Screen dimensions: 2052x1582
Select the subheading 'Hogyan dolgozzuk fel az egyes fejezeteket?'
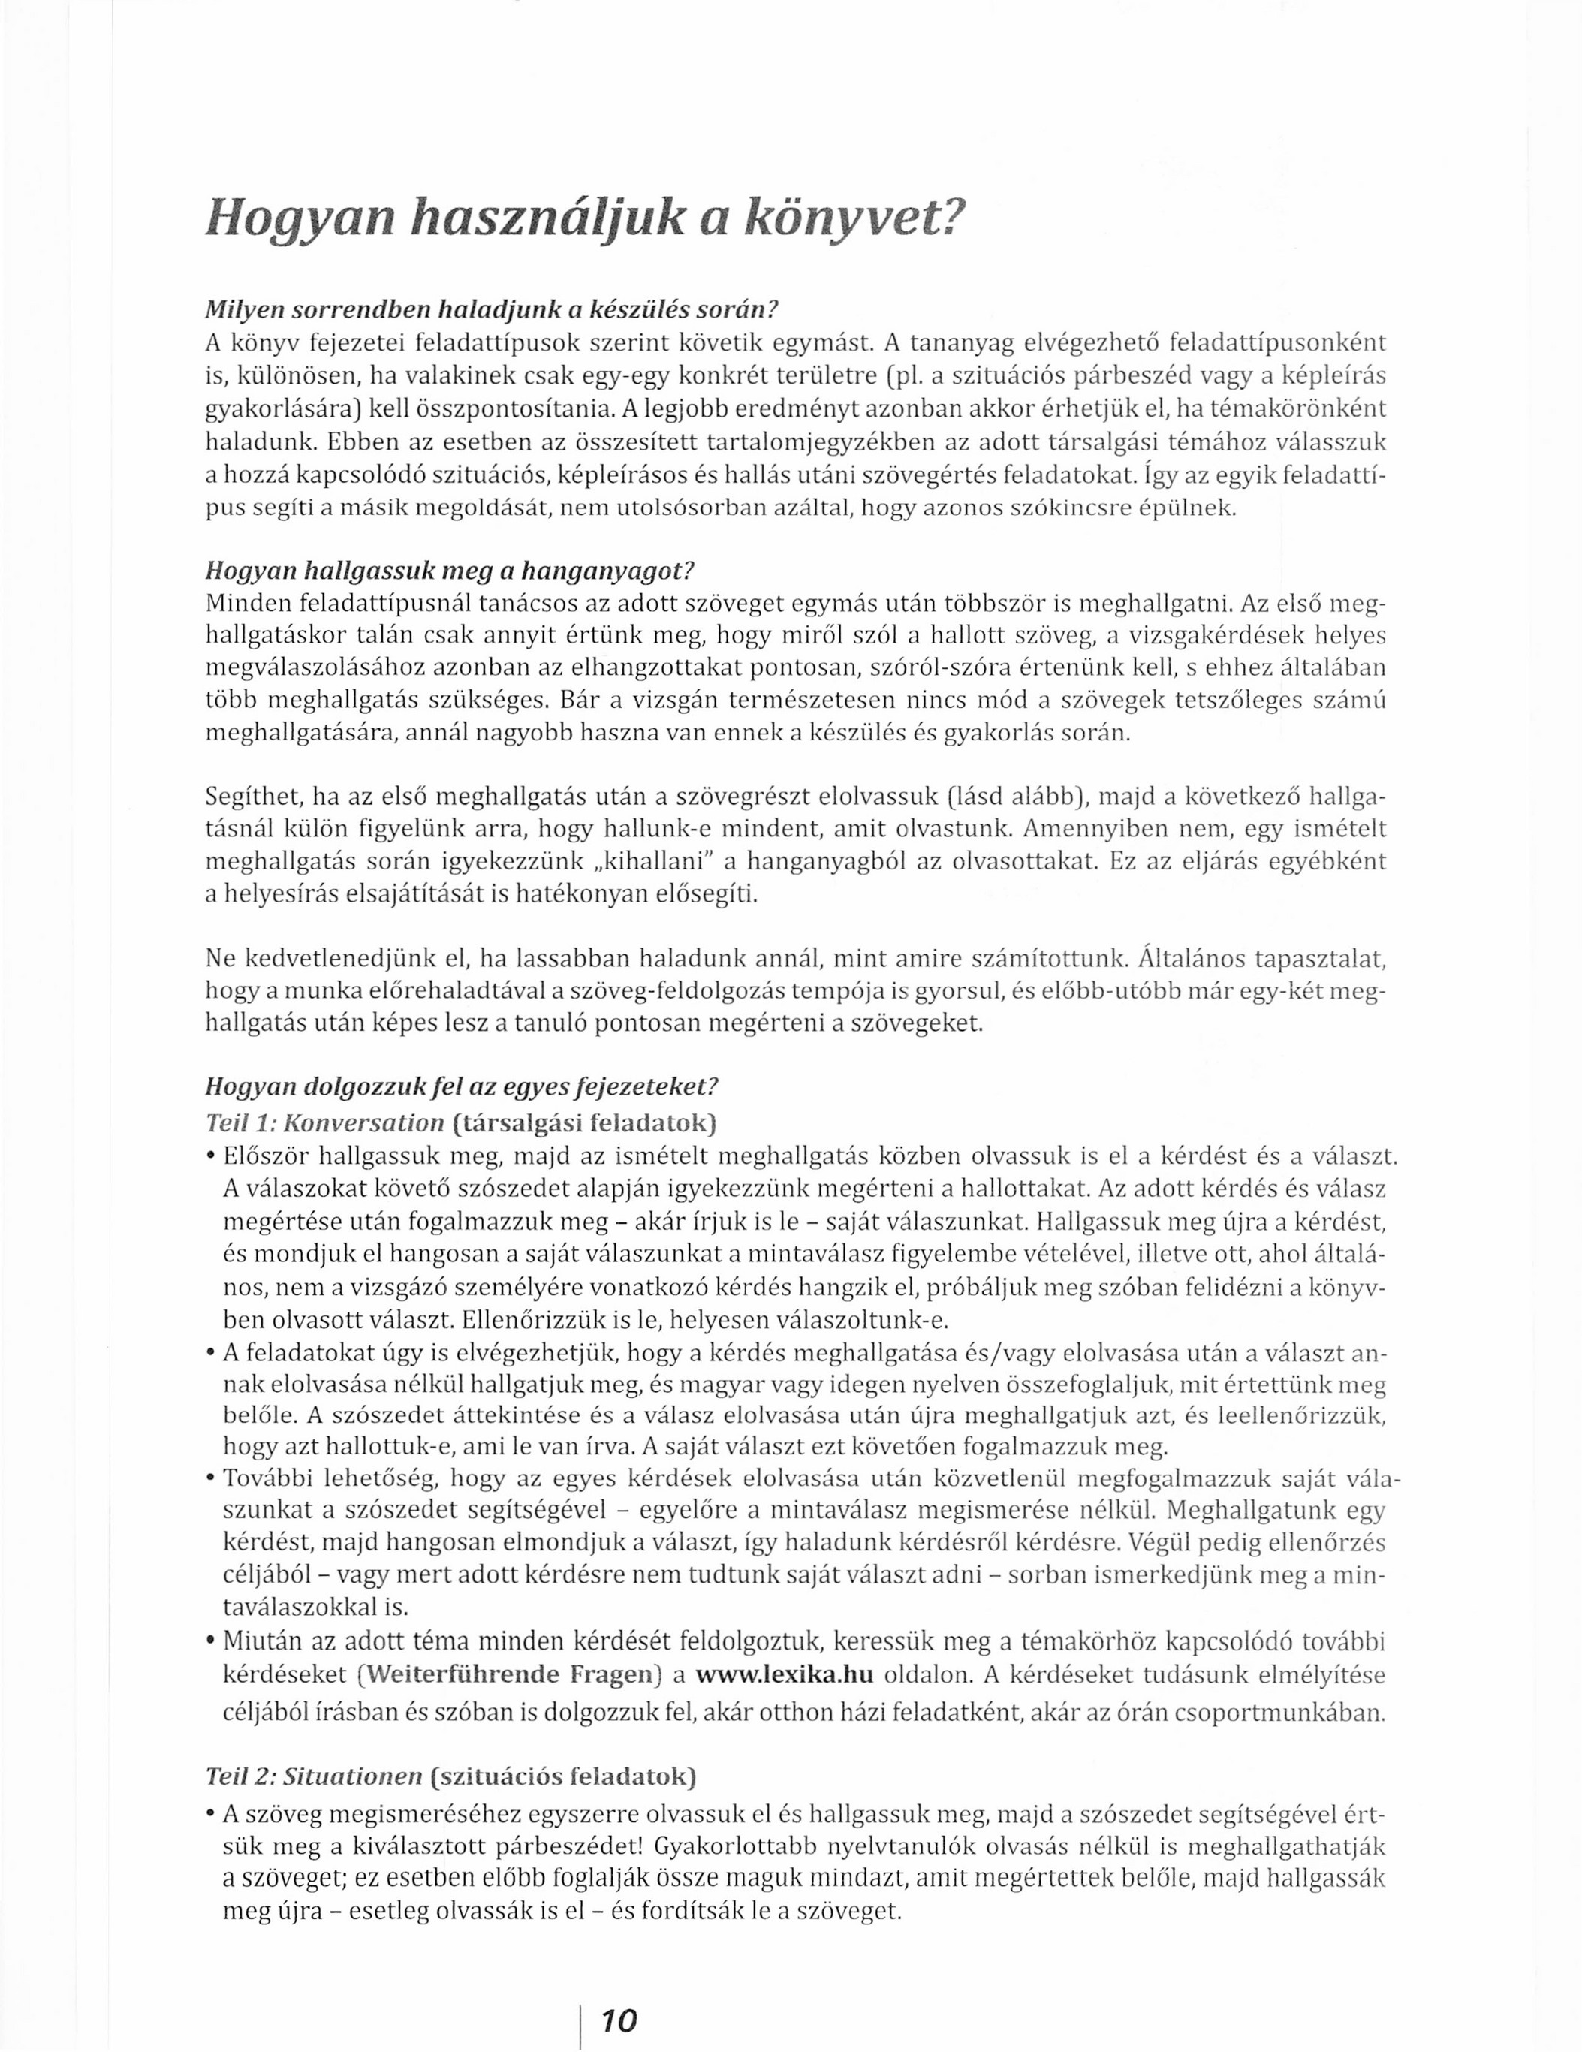461,1088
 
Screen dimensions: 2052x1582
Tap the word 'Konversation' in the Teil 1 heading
363,1122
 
